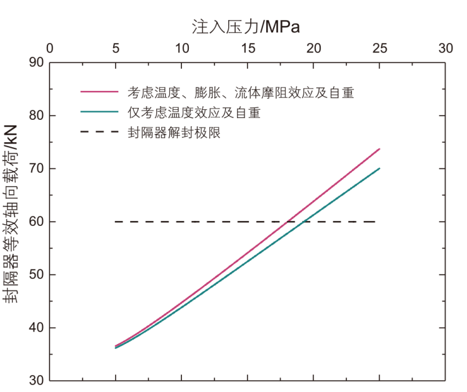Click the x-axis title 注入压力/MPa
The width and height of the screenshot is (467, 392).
point(245,27)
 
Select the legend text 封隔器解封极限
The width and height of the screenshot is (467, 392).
point(174,133)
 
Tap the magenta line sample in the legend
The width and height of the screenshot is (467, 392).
point(99,92)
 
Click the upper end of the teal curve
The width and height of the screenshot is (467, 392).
point(379,168)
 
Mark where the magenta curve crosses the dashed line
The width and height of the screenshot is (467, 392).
point(288,222)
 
